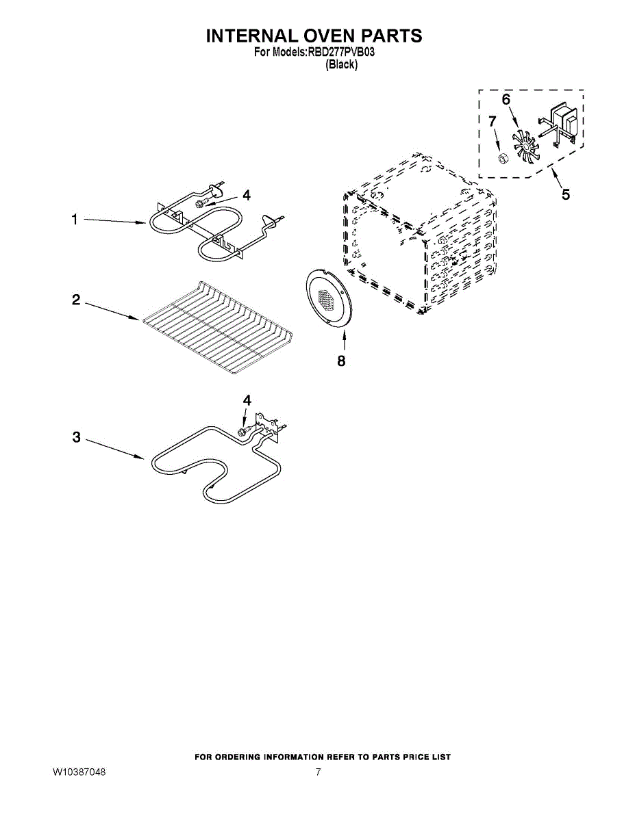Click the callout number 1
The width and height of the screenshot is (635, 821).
coord(75,220)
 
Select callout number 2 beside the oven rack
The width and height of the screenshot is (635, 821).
coord(76,300)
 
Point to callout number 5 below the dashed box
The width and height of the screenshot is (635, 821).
coord(565,195)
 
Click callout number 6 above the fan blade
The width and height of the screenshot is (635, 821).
coord(506,100)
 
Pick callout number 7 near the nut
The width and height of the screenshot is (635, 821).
coord(491,121)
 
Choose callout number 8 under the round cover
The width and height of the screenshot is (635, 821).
coord(341,361)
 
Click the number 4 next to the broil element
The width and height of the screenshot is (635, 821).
coord(246,195)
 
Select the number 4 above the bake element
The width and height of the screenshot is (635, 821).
coord(247,400)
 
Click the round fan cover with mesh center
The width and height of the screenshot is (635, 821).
coord(327,296)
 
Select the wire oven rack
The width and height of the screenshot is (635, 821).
coord(217,326)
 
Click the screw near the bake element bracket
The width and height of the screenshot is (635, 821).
coord(242,432)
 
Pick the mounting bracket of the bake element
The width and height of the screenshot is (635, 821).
coord(267,426)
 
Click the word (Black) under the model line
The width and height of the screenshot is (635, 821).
coord(340,64)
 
